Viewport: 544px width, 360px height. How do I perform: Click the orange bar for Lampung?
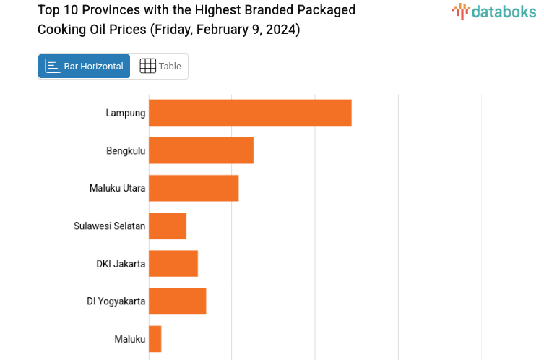pyautogui.click(x=250, y=113)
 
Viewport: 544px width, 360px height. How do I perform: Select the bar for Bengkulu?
pyautogui.click(x=201, y=150)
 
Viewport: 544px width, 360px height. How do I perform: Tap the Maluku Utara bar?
pyautogui.click(x=194, y=188)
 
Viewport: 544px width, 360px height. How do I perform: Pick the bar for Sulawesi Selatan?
pyautogui.click(x=168, y=226)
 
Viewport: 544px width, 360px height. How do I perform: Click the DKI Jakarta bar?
pyautogui.click(x=173, y=263)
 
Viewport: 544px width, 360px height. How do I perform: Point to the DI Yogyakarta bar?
pyautogui.click(x=178, y=301)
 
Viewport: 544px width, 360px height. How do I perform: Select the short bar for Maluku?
pyautogui.click(x=155, y=338)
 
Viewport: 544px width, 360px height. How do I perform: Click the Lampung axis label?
pyautogui.click(x=126, y=113)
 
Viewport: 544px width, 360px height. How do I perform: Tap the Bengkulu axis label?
pyautogui.click(x=126, y=150)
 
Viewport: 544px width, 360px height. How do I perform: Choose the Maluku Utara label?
pyautogui.click(x=118, y=188)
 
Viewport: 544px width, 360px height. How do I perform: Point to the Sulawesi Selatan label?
pyautogui.click(x=110, y=226)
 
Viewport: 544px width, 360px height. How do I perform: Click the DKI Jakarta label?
pyautogui.click(x=121, y=263)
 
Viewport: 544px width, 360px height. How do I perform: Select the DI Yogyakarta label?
pyautogui.click(x=116, y=301)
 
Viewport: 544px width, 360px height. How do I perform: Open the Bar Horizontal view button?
pyautogui.click(x=85, y=66)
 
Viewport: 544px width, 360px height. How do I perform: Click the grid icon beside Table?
pyautogui.click(x=147, y=66)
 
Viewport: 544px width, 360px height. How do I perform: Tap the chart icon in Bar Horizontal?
pyautogui.click(x=53, y=66)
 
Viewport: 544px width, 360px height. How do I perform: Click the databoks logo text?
pyautogui.click(x=504, y=11)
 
